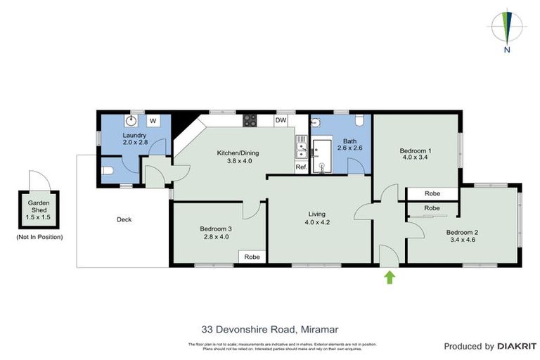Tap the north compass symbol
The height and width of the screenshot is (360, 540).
tap(507, 29)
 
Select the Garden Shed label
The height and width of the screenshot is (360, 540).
tap(39, 205)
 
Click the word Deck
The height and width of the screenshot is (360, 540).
tap(124, 219)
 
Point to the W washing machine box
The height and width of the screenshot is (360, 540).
tap(152, 120)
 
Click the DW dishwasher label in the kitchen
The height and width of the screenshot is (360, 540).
tap(281, 120)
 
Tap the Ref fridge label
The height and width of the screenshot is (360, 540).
tap(301, 167)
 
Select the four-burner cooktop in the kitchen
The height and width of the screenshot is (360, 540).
tap(250, 120)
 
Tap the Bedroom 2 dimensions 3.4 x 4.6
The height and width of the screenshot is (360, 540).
tap(461, 239)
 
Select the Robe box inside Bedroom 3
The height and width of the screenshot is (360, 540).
tap(252, 257)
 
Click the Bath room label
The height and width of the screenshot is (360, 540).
tap(349, 141)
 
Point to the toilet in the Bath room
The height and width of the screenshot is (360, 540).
tap(359, 120)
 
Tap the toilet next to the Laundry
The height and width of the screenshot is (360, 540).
tap(108, 170)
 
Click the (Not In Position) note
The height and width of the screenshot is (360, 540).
tap(39, 237)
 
